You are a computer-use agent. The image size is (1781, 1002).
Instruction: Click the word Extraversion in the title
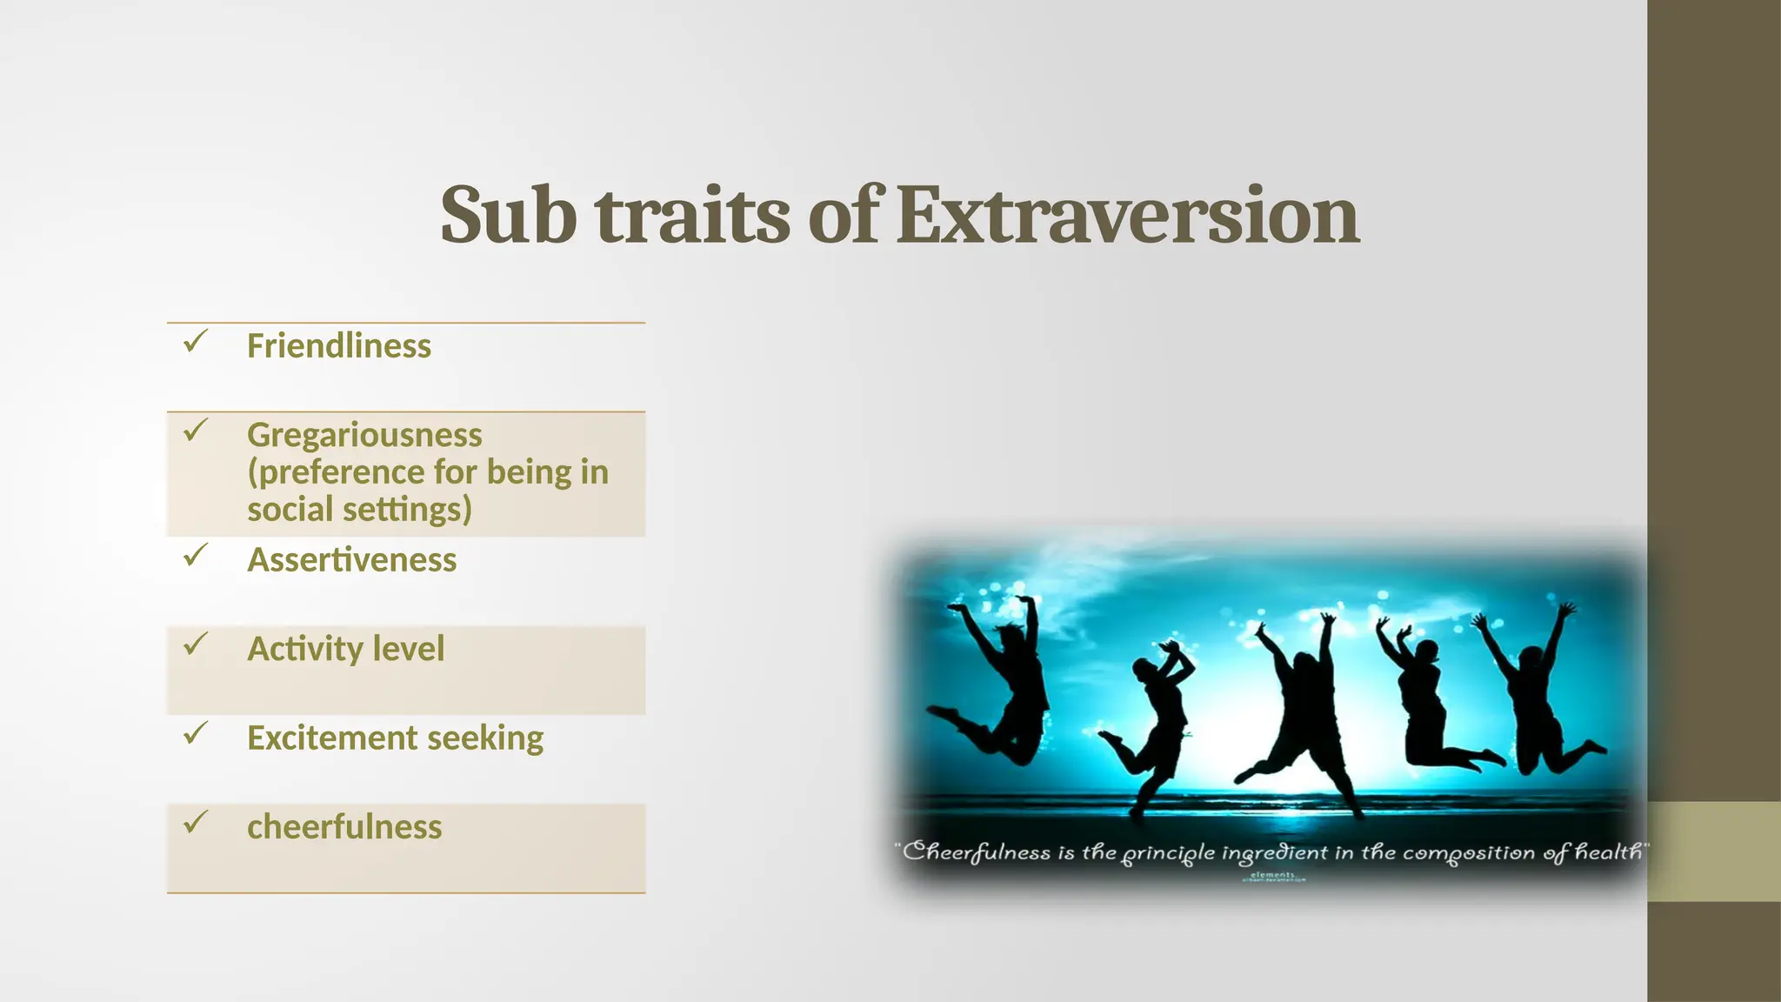[1127, 215]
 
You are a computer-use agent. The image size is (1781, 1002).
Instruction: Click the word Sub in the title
[508, 215]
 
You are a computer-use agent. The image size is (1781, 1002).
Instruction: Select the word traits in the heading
[693, 215]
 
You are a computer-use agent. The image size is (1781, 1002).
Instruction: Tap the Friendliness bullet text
[339, 346]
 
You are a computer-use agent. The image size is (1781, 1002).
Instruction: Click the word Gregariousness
[364, 435]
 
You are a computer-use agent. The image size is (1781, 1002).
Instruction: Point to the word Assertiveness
[351, 560]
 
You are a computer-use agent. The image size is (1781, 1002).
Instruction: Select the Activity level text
[345, 649]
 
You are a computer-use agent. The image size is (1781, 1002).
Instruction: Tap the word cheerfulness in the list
[344, 827]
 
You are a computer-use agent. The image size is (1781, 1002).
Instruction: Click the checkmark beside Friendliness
[195, 342]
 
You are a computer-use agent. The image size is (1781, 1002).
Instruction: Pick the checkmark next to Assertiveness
[195, 556]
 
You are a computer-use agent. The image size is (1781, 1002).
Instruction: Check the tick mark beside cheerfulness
[195, 822]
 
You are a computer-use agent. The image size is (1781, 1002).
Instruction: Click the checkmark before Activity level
[195, 645]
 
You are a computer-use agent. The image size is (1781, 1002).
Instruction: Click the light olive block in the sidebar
[1713, 852]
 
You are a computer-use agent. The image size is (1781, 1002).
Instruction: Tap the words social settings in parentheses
[358, 510]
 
